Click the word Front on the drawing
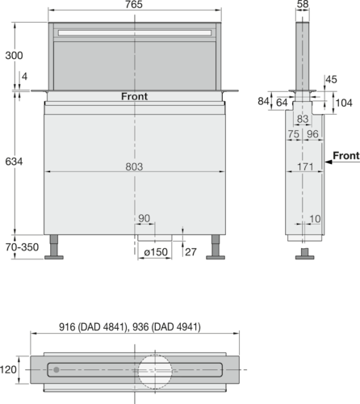coord(135,96)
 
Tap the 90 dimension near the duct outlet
coord(145,219)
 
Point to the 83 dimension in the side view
coord(303,118)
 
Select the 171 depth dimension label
coord(304,166)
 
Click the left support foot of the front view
coord(55,248)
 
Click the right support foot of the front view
coord(216,248)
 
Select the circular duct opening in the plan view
coord(155,372)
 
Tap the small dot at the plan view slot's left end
coord(55,370)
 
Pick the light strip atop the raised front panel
coord(135,32)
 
